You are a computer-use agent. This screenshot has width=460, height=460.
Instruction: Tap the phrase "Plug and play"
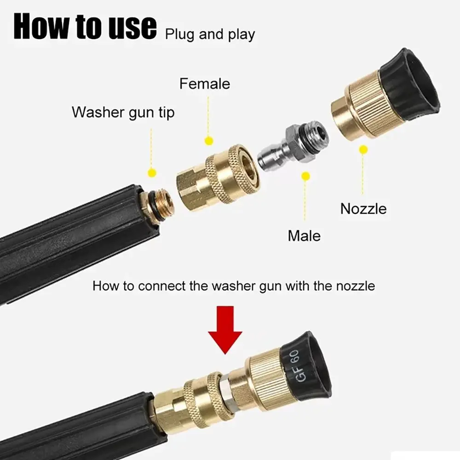(x=210, y=34)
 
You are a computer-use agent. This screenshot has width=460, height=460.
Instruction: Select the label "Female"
(x=204, y=84)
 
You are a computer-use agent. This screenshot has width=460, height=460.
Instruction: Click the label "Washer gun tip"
(x=123, y=112)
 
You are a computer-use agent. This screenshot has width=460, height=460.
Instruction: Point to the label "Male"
(x=304, y=236)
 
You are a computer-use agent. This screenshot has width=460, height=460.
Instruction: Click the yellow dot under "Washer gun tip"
(x=152, y=173)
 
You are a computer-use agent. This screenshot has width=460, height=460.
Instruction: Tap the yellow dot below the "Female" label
(x=209, y=141)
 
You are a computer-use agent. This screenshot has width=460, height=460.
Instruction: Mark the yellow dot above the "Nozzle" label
(x=363, y=149)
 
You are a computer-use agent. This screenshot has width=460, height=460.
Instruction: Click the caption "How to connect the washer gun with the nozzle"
(x=234, y=286)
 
